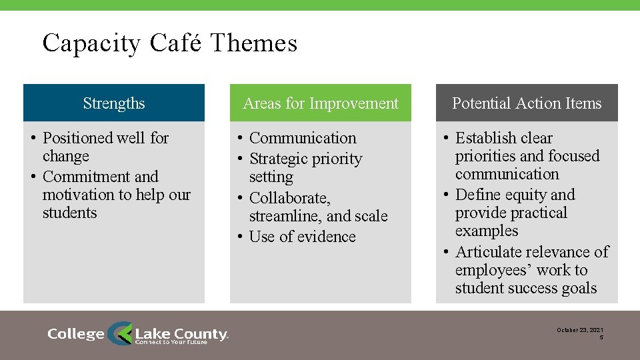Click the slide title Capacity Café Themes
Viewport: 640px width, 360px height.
169,43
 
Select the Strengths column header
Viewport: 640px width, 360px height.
114,103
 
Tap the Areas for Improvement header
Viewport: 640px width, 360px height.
321,103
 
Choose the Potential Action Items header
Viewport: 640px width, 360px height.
527,103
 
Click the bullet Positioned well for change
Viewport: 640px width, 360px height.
105,147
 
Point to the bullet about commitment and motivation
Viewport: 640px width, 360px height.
115,195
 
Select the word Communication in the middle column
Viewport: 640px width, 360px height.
303,138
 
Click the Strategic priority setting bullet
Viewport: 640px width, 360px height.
305,167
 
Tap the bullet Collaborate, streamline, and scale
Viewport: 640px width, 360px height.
317,207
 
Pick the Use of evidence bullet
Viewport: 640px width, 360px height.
302,237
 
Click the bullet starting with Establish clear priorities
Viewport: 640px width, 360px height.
527,156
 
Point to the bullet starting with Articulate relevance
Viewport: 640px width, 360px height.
531,270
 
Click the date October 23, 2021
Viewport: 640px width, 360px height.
580,330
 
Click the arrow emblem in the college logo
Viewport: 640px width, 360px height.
120,333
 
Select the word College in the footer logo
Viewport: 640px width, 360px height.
76,334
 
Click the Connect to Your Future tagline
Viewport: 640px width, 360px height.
171,342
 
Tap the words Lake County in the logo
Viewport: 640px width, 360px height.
181,333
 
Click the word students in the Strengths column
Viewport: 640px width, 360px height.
69,213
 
